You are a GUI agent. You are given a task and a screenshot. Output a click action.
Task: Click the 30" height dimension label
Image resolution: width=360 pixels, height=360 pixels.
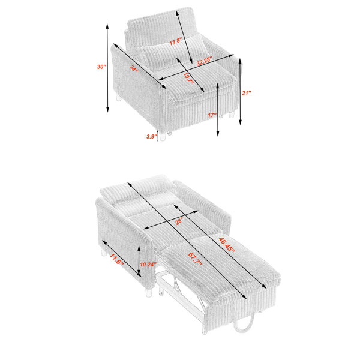102,67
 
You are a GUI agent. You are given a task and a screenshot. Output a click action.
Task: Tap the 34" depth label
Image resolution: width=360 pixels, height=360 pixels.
133,68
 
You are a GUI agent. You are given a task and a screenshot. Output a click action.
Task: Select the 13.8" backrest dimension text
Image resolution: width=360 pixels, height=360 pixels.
176,41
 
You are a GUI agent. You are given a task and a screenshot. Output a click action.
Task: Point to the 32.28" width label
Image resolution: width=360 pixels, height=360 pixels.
204,61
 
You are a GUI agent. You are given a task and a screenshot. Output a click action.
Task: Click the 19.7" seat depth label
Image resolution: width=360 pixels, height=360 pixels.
188,78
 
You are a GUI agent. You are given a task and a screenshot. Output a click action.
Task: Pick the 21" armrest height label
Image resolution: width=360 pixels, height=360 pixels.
247,93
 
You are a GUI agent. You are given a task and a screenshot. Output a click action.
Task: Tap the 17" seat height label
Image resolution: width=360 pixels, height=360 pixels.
212,115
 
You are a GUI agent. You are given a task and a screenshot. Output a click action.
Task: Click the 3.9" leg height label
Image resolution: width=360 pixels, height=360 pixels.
152,136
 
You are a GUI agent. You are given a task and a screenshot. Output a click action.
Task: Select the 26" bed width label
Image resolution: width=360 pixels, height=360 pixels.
179,221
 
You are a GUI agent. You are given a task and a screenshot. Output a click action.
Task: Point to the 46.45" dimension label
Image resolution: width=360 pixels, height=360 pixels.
227,245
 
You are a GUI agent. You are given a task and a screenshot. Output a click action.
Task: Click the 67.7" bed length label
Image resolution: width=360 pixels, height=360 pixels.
195,259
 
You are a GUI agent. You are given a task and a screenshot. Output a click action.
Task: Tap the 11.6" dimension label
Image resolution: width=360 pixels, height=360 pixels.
116,259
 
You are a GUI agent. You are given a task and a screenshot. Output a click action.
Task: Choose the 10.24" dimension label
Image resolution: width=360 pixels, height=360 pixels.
148,265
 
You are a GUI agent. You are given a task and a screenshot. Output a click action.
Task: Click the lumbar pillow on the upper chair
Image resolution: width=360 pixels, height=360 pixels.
171,52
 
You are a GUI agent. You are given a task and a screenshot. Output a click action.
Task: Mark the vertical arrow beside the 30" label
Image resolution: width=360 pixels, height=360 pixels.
107,68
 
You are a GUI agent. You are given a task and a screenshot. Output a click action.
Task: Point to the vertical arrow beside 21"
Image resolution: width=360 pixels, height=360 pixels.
240,92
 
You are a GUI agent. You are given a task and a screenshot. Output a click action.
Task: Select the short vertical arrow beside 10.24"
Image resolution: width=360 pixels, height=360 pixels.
139,260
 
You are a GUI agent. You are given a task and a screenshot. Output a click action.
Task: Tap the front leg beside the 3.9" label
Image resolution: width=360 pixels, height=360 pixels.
163,136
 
